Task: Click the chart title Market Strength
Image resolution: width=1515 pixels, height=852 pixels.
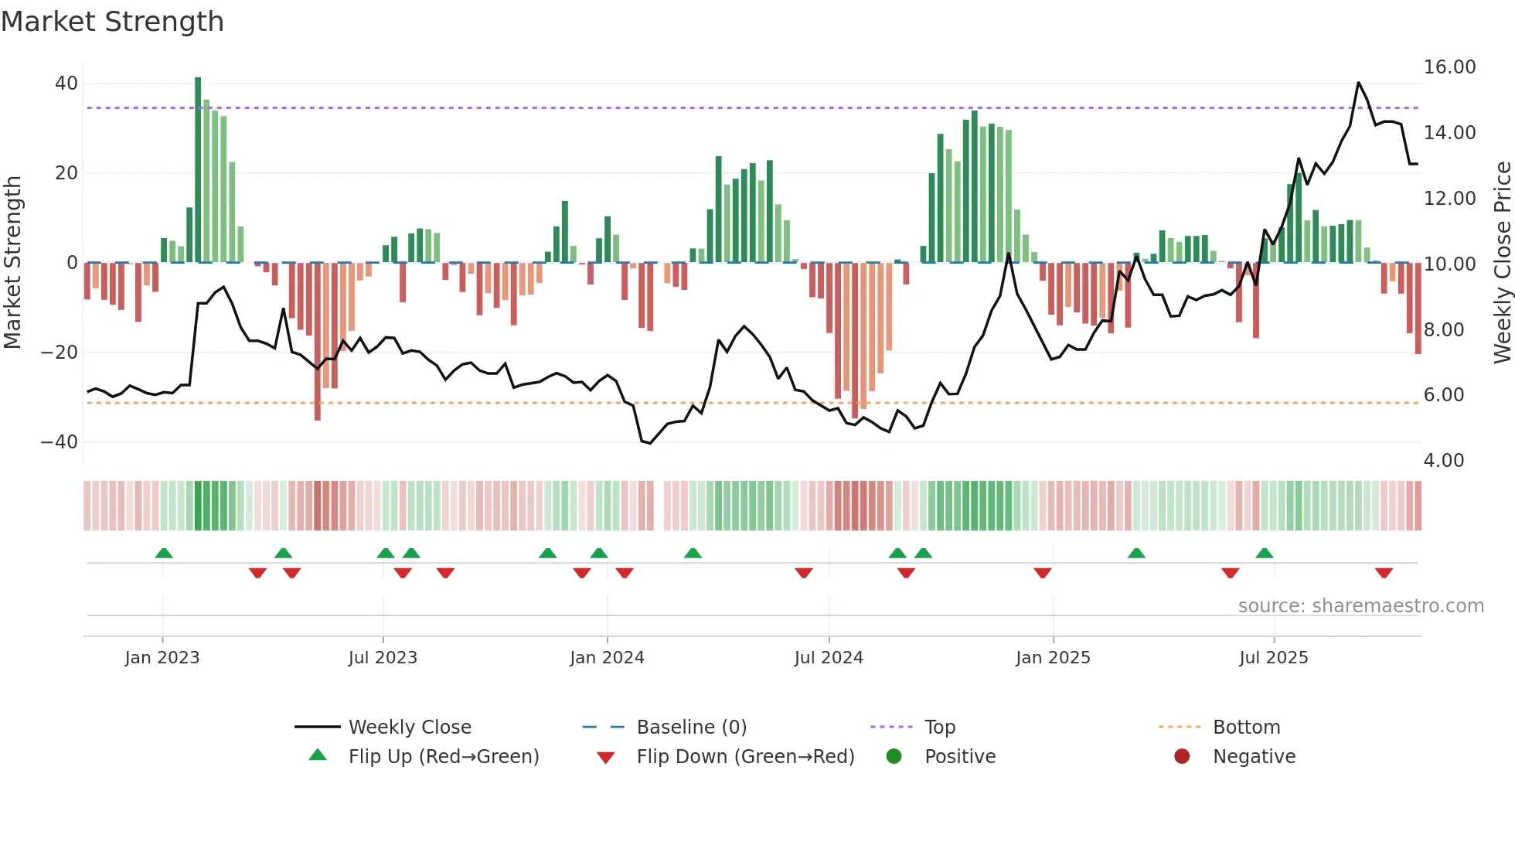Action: [112, 22]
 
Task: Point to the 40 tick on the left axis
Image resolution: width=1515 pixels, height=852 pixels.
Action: [66, 83]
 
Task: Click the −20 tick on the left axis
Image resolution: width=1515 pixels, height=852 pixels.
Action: [59, 353]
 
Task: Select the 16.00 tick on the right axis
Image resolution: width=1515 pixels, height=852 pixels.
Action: [1449, 67]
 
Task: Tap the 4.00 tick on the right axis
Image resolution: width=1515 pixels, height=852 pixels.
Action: [1443, 461]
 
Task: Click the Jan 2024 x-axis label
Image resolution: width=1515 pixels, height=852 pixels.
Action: [607, 658]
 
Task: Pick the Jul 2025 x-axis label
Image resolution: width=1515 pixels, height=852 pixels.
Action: [1273, 658]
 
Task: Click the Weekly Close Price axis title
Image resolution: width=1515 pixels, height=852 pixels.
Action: [1502, 263]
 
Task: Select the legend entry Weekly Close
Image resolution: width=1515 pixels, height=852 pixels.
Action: [409, 728]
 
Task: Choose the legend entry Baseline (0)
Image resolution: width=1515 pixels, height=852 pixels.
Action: [691, 728]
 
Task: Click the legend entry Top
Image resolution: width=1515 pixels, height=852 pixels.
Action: [939, 728]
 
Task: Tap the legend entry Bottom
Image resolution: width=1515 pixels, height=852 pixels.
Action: [1246, 728]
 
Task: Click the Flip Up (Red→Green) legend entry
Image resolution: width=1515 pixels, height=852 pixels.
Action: [443, 757]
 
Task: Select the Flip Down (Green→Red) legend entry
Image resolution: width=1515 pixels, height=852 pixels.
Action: [744, 757]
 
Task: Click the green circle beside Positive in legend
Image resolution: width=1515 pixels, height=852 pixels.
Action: [894, 757]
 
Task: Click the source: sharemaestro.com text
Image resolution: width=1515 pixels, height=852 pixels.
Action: [1360, 606]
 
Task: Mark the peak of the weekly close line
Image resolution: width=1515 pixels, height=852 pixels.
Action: [1358, 83]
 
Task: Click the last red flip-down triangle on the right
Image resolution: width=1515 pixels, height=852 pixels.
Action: [1384, 573]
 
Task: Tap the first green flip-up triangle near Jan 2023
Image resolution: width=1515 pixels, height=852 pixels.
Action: [164, 553]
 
